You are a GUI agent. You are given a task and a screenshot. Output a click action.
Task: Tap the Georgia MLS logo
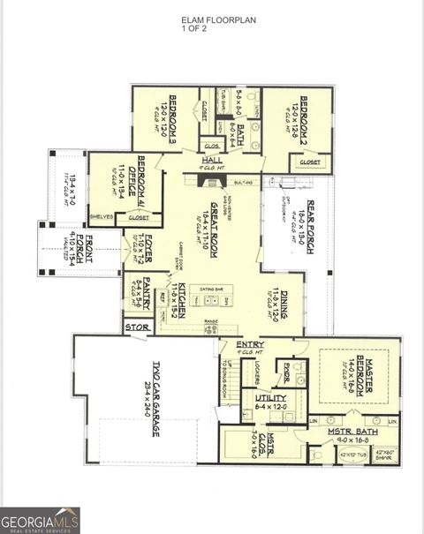[x=41, y=520]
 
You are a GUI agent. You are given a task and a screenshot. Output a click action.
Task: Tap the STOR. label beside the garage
[x=139, y=327]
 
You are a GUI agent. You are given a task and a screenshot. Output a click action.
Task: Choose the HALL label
[x=212, y=160]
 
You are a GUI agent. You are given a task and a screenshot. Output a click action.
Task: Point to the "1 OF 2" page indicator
[x=193, y=29]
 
